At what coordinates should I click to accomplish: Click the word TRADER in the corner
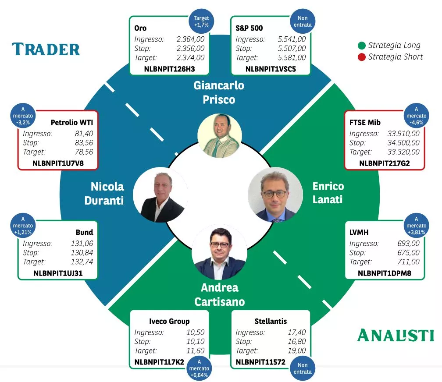point(46,49)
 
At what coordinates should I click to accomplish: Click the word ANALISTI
point(396,335)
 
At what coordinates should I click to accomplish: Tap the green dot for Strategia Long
point(362,45)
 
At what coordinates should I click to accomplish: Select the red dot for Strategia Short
point(362,57)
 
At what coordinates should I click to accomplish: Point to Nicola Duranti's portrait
point(160,196)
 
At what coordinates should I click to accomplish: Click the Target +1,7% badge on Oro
point(201,22)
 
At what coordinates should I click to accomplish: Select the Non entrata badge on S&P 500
point(303,22)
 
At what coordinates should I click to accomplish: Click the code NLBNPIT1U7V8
point(58,163)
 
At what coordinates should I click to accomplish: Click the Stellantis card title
point(271,321)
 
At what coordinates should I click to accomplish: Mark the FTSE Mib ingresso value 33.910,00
point(403,133)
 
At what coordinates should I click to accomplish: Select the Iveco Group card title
point(169,321)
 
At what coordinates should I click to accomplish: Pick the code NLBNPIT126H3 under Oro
point(169,68)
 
